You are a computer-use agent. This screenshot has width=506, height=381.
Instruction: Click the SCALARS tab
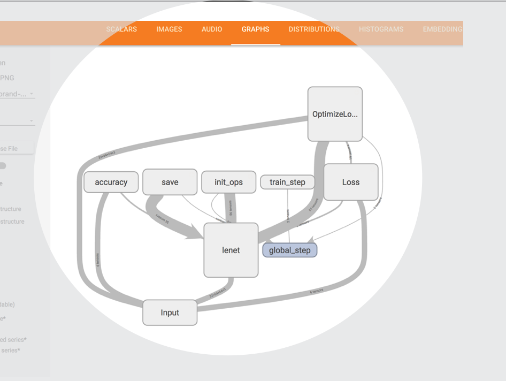click(121, 29)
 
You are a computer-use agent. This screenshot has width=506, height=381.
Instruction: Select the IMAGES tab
click(169, 29)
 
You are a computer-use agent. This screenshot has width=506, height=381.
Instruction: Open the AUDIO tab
click(212, 29)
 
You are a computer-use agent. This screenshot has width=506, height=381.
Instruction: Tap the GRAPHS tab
click(255, 29)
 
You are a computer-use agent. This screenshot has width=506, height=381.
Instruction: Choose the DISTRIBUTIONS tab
click(314, 29)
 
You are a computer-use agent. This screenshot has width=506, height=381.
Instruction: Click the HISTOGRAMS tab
click(381, 29)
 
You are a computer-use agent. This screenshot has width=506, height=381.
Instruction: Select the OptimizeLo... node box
click(335, 114)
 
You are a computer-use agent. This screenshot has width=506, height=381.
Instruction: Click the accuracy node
click(111, 182)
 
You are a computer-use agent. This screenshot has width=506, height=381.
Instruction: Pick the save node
click(170, 182)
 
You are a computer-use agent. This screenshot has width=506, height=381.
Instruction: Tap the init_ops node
click(228, 182)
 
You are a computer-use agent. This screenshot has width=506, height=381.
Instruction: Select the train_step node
click(287, 182)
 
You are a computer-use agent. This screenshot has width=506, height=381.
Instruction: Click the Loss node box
click(351, 182)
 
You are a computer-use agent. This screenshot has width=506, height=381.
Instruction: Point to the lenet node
click(231, 250)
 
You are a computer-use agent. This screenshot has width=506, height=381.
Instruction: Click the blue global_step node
click(289, 250)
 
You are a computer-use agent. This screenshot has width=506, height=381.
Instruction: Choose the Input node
click(170, 313)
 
